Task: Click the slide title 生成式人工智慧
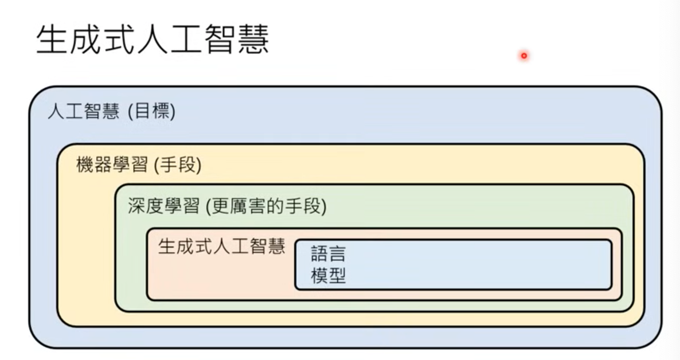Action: (153, 40)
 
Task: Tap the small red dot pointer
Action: (524, 56)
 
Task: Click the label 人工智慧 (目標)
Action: (112, 111)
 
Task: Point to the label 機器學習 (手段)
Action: (139, 165)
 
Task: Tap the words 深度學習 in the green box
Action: (163, 206)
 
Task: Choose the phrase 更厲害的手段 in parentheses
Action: (266, 206)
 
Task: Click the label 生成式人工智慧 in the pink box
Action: (222, 246)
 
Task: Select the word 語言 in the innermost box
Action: (329, 254)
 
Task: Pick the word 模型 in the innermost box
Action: (329, 276)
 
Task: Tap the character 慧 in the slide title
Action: (253, 40)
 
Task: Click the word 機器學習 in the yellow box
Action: (112, 165)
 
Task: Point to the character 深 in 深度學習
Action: (136, 206)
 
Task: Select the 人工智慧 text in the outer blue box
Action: (83, 111)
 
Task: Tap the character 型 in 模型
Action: (337, 276)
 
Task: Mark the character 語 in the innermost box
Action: (319, 254)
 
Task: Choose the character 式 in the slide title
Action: (120, 40)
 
